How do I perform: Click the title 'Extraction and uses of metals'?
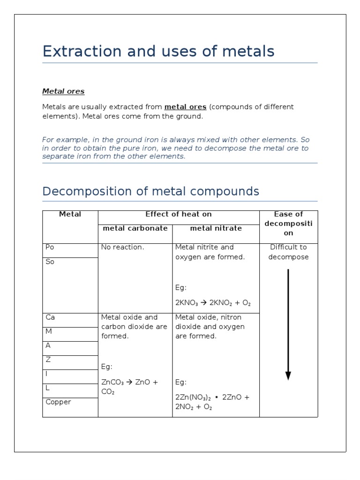click(158, 51)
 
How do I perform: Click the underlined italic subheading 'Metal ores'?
click(63, 91)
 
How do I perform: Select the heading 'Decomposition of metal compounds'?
click(150, 191)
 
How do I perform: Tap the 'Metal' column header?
click(70, 214)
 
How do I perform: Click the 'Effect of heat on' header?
click(179, 214)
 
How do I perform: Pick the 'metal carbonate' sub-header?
click(135, 228)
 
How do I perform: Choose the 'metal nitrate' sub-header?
click(216, 228)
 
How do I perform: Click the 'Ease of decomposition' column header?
click(288, 224)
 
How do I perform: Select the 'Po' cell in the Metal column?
click(50, 247)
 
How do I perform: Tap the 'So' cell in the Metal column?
click(50, 262)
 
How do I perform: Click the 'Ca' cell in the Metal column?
click(50, 317)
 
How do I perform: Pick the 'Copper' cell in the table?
click(58, 402)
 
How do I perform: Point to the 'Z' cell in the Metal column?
click(48, 360)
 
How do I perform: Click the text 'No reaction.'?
click(122, 247)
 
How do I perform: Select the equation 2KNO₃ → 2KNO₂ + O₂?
click(210, 303)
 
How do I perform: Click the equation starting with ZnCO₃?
click(129, 387)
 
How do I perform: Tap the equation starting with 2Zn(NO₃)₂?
click(212, 402)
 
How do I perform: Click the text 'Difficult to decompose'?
click(288, 252)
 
